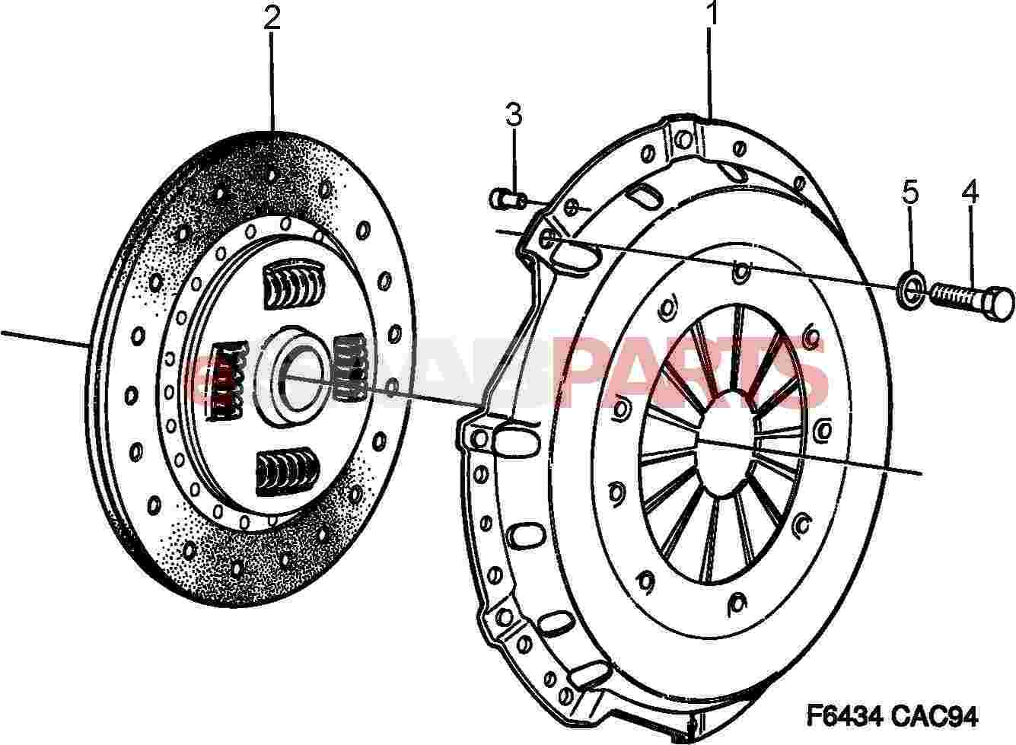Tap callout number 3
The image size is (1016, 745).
514,115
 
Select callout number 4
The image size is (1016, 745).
970,192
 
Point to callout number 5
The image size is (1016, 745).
911,193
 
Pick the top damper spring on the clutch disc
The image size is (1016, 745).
294,285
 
